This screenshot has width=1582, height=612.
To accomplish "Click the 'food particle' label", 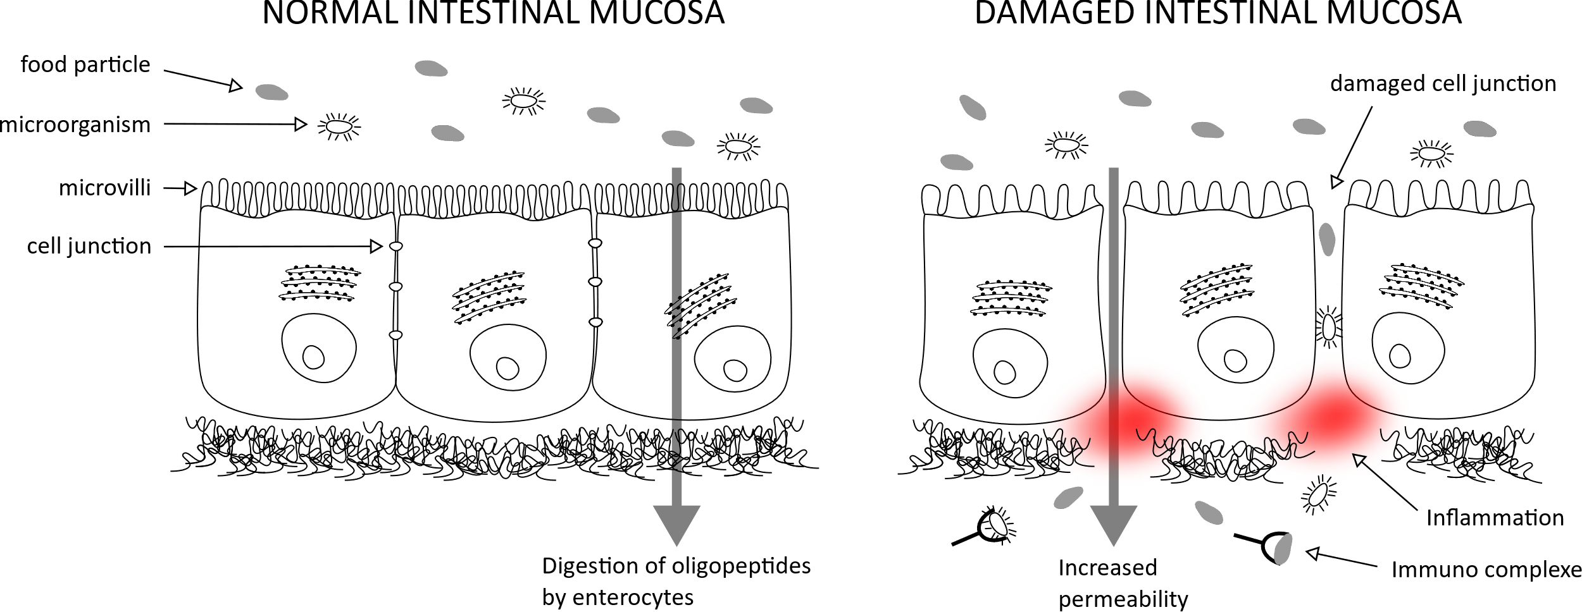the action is tap(85, 64).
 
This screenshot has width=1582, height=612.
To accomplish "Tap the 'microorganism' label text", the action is tap(75, 125).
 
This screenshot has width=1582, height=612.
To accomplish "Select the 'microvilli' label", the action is tap(105, 188).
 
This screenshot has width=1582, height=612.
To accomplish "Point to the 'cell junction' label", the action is tap(89, 246).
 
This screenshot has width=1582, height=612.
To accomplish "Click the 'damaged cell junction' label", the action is tap(1443, 83).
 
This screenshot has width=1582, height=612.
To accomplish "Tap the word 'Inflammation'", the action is tap(1495, 518).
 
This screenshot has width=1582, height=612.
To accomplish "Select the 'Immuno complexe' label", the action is tap(1486, 570).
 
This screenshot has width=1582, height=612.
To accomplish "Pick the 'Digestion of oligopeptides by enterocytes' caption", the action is tap(676, 581).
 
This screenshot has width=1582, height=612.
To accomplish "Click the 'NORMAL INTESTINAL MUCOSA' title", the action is tap(494, 13).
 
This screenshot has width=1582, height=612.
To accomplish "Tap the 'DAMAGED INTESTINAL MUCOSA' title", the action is tap(1218, 13).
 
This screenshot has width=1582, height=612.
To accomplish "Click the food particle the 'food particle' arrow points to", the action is tap(271, 93).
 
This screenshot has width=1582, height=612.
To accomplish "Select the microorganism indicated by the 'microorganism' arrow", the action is tap(339, 127).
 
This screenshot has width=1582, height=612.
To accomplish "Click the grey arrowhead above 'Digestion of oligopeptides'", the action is tap(676, 524).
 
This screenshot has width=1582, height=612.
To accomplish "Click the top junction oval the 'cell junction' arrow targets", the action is tap(395, 246).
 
